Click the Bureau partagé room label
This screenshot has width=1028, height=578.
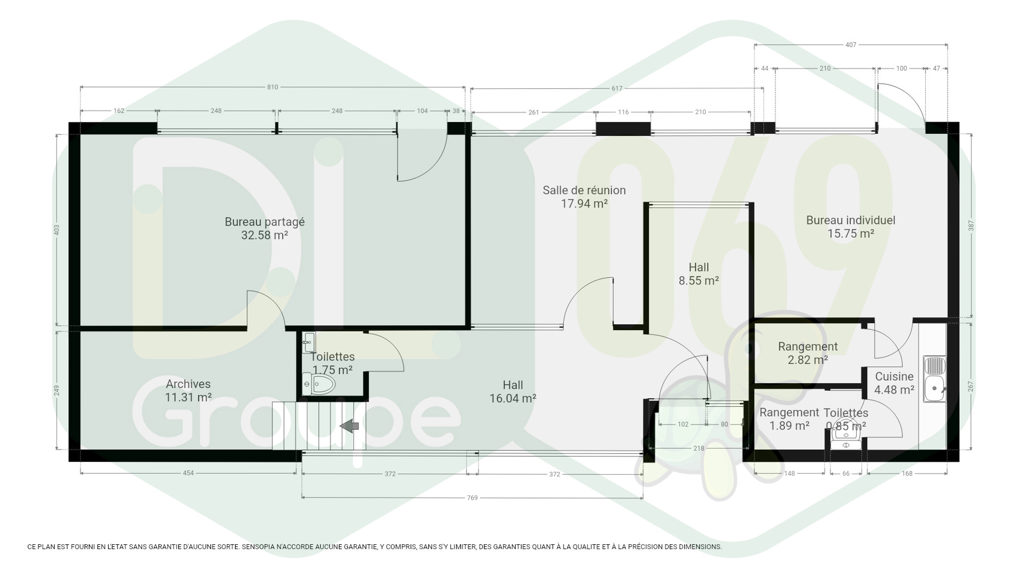tap(265, 222)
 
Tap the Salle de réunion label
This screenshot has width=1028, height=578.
tap(584, 190)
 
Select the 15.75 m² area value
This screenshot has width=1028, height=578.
tap(851, 234)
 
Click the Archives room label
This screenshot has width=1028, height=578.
tap(188, 384)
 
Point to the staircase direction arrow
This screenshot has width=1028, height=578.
tap(349, 426)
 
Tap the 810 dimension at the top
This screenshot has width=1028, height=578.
tap(273, 87)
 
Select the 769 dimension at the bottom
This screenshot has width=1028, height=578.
tap(472, 498)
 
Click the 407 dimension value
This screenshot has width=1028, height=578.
tap(851, 45)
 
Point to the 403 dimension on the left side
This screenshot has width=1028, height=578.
tap(57, 230)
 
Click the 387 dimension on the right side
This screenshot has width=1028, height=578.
tap(971, 226)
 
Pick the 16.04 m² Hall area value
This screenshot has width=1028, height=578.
tap(513, 399)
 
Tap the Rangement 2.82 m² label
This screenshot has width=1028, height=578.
tap(808, 353)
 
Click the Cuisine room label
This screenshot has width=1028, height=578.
tap(894, 377)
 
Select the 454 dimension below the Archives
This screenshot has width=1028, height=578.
tap(188, 473)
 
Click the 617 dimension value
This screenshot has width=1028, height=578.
tap(617, 88)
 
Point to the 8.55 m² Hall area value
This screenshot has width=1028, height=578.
tap(699, 281)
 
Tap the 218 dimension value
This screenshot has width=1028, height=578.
tap(699, 448)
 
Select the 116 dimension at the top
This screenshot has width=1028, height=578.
tap(623, 112)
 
